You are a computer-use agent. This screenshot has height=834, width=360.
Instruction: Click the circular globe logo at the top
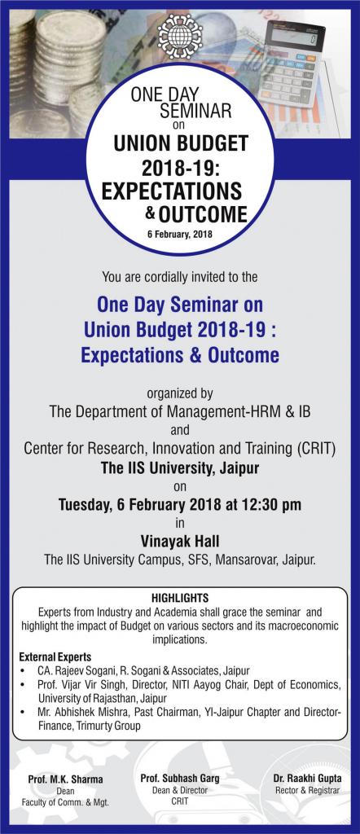(180, 36)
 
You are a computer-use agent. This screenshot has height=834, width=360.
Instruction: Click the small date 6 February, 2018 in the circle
(180, 234)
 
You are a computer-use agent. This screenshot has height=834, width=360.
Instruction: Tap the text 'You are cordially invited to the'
(180, 277)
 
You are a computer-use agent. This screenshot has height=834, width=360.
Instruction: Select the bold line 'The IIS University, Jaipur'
(180, 468)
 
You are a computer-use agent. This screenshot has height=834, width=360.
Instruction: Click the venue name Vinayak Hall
(180, 542)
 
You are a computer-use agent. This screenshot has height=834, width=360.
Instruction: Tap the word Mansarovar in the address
(246, 560)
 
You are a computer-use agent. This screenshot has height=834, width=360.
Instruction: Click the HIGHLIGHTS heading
(180, 597)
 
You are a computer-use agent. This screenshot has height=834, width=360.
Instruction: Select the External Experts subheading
(55, 656)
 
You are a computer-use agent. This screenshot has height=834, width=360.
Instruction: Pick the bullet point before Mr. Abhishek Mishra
(21, 713)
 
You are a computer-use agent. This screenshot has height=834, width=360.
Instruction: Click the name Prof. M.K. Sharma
(65, 779)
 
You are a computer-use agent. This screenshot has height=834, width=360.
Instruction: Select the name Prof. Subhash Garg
(180, 778)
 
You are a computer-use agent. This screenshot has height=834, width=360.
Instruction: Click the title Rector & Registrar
(307, 790)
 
